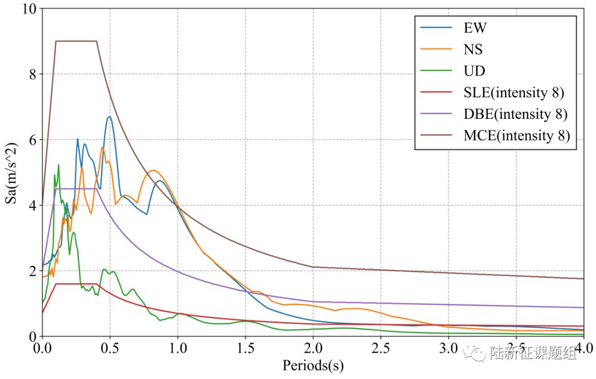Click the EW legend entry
point(475,28)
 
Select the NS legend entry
point(473,49)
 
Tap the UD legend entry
point(474,71)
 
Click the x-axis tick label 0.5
point(110,349)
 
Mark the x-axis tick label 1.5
point(245,349)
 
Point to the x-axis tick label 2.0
point(313,349)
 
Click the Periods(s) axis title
point(313,366)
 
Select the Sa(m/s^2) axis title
point(12,172)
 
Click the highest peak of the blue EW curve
point(109,117)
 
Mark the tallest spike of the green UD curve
point(58,165)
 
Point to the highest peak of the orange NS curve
point(102,148)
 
